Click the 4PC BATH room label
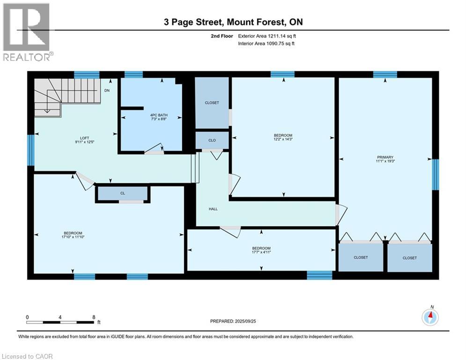159,115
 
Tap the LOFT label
84,138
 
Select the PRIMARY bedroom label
385,157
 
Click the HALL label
213,209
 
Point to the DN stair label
107,90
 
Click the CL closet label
123,194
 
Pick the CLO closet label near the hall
212,141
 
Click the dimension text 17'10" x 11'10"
73,237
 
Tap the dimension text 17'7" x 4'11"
261,252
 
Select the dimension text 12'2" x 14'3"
283,139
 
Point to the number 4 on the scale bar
60,317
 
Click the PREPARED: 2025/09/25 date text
233,321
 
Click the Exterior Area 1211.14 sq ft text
267,36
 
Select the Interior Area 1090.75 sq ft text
266,44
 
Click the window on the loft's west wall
31,150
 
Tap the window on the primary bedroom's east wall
435,174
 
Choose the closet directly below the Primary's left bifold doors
361,257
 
